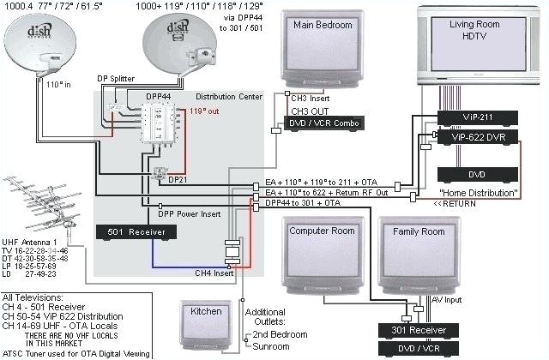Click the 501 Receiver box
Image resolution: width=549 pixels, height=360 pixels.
(136, 231)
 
